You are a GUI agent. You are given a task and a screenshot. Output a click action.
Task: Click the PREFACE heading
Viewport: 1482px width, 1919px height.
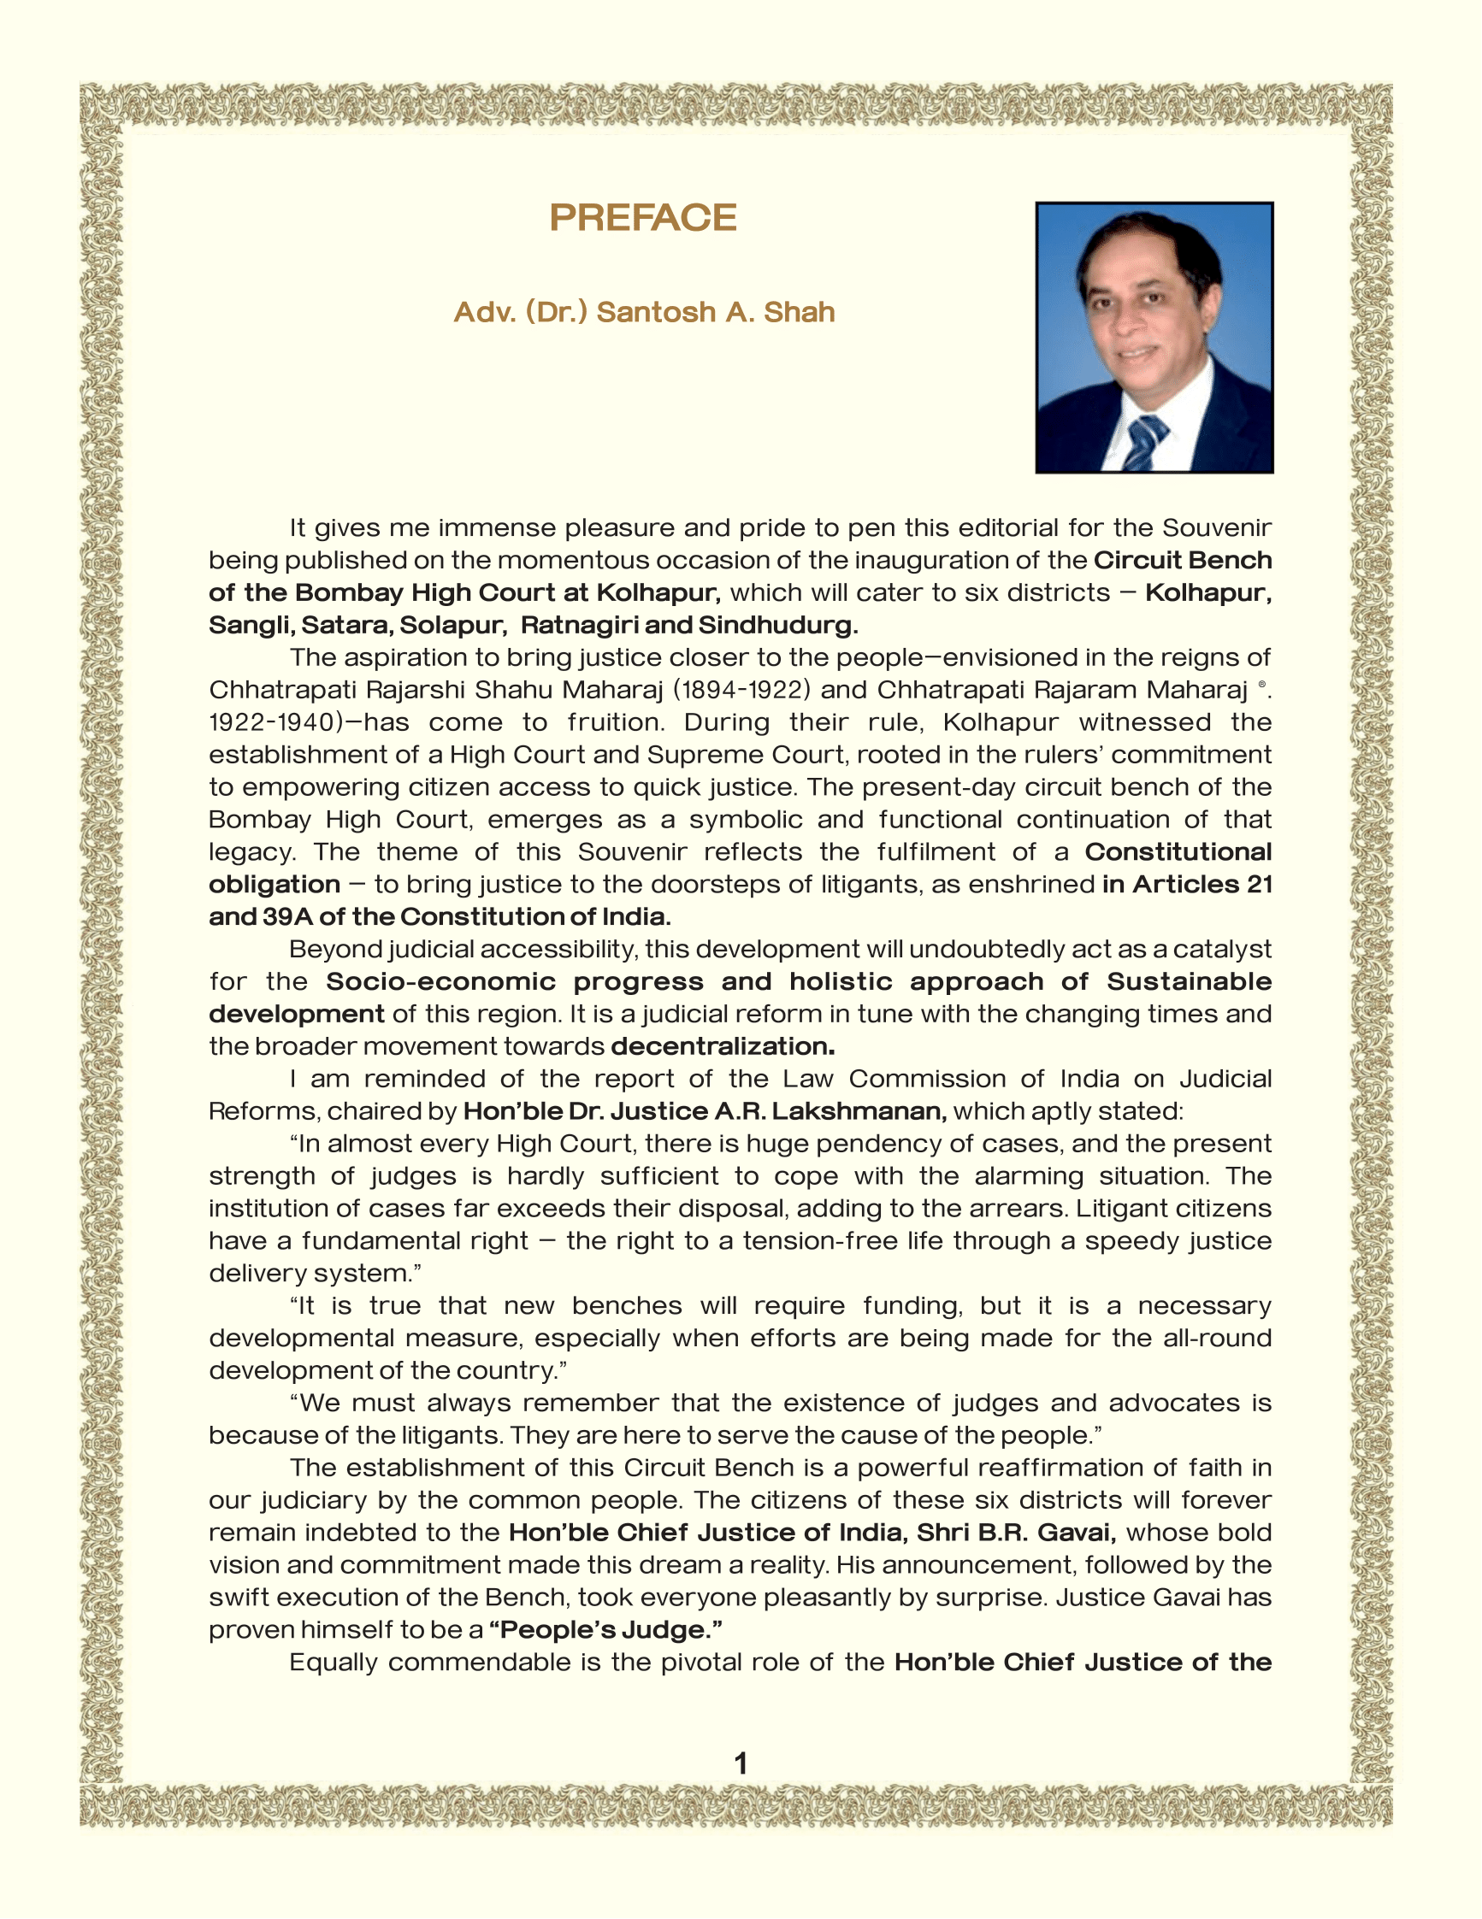click(x=642, y=218)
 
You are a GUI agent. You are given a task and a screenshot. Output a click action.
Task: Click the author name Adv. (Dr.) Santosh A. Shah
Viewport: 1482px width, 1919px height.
click(x=643, y=312)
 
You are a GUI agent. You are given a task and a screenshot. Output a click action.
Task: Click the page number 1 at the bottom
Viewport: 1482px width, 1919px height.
click(x=740, y=1763)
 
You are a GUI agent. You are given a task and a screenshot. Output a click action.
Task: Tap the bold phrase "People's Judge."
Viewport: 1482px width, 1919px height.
click(x=605, y=1630)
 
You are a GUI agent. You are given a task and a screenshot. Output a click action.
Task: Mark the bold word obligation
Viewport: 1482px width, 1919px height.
click(x=275, y=885)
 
